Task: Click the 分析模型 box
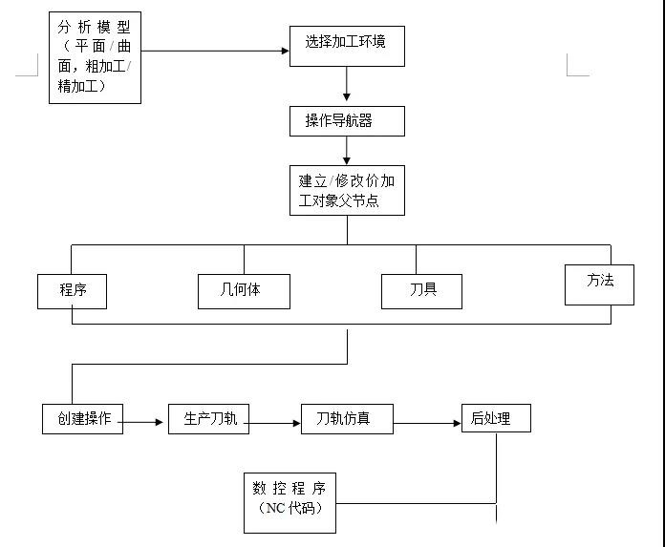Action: [95, 56]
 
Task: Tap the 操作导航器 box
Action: [346, 121]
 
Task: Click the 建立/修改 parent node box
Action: [346, 191]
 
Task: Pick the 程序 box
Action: [72, 291]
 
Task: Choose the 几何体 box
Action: [244, 291]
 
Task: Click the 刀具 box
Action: [421, 291]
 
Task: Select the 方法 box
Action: [599, 284]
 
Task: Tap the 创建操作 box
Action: [83, 419]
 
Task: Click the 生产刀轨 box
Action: [208, 419]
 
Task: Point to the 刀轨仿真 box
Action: [347, 420]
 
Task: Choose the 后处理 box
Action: [495, 418]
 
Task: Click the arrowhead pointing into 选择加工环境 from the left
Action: [285, 51]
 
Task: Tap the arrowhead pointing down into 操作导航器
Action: [347, 97]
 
